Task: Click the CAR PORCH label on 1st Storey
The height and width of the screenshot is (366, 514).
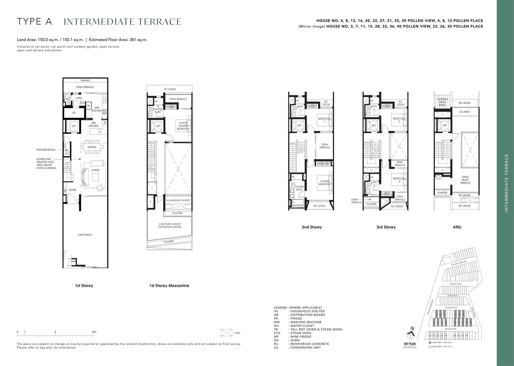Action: (85, 235)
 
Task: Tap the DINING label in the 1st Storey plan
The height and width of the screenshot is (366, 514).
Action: (92, 147)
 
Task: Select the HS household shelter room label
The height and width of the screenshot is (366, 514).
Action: (74, 113)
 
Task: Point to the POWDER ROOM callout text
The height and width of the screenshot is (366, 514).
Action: (46, 150)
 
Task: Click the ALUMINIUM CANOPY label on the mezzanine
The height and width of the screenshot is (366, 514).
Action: (178, 200)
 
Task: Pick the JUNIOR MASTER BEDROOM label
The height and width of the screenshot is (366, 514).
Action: (183, 126)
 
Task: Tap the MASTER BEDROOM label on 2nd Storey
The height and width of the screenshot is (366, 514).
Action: (324, 182)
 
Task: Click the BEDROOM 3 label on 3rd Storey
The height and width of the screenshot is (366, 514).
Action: (399, 180)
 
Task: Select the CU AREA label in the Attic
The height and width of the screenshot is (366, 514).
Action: (465, 112)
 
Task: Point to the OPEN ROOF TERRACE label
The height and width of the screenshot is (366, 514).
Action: (465, 180)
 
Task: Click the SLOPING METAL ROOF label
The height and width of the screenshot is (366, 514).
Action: (442, 102)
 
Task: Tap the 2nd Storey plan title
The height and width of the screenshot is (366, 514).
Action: (312, 227)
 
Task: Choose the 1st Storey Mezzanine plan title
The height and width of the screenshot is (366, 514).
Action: (169, 286)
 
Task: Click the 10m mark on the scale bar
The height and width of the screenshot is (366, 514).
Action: (94, 332)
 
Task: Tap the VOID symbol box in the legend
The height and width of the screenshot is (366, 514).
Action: (227, 333)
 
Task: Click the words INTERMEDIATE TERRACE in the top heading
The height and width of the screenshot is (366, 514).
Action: (123, 22)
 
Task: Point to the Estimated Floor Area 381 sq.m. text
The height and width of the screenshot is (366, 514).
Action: (118, 40)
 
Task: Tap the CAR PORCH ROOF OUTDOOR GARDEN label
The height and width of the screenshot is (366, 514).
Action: (170, 225)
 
